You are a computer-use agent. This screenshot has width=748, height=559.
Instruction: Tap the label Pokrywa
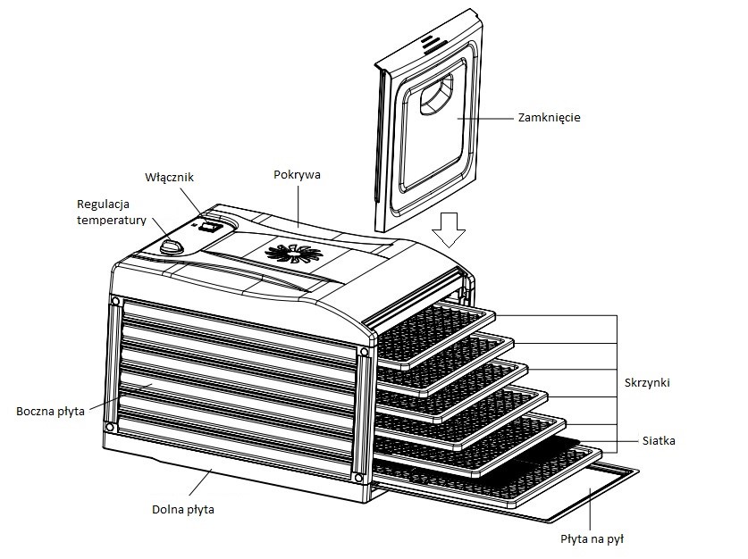[297, 175]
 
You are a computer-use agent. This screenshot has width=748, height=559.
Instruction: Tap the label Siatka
[659, 440]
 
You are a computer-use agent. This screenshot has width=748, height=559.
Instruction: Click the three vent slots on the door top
[431, 42]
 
